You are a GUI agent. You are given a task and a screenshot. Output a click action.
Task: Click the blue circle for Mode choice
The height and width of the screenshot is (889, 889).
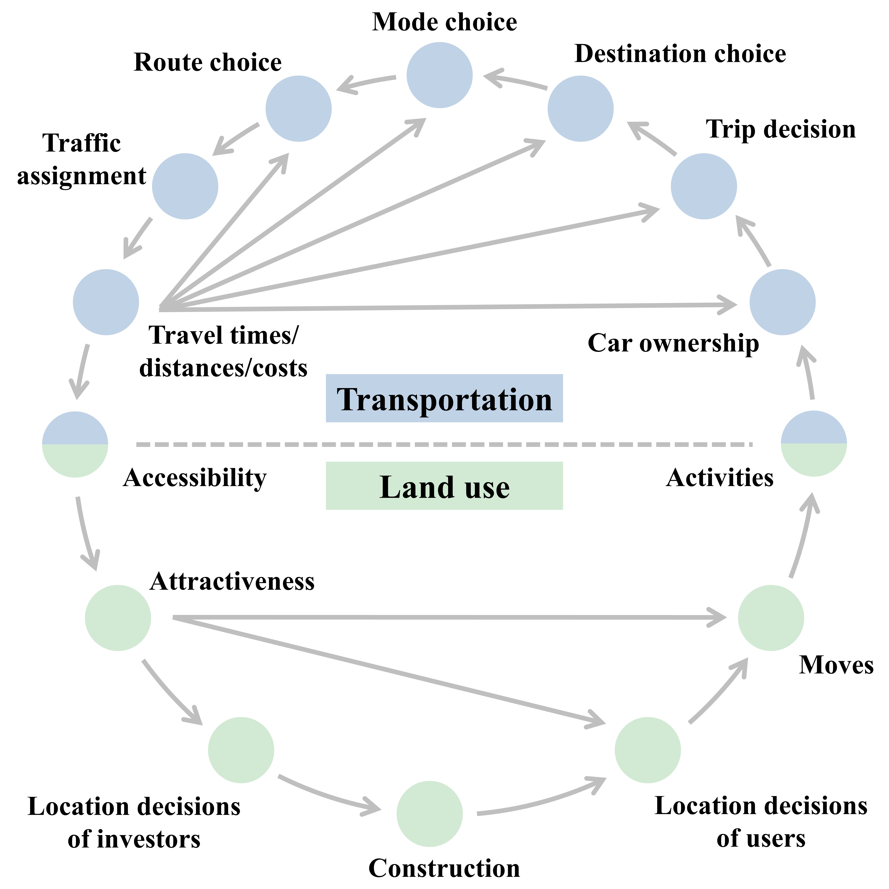click(x=439, y=75)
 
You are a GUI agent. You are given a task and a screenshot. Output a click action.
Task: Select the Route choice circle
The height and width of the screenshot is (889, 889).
click(x=298, y=109)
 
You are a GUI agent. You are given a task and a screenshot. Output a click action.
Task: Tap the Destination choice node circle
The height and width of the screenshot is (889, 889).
click(x=580, y=109)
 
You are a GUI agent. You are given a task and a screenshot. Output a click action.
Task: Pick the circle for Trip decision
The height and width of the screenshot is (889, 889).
click(x=704, y=186)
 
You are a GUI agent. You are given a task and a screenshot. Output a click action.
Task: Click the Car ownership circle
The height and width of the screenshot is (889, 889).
click(x=782, y=302)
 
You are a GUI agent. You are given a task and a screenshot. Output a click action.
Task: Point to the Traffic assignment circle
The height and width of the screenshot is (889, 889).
click(x=185, y=186)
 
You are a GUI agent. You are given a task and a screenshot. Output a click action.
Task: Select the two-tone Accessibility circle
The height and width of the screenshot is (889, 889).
click(x=75, y=444)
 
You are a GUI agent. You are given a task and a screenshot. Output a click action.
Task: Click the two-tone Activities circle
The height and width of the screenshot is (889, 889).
click(x=813, y=444)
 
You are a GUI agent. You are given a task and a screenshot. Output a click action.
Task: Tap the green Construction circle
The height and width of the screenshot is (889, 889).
click(x=429, y=813)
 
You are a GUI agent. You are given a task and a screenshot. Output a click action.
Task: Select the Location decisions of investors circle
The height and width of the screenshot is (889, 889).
click(x=241, y=750)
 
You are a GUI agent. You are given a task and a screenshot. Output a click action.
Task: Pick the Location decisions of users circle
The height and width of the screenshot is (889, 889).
click(x=647, y=750)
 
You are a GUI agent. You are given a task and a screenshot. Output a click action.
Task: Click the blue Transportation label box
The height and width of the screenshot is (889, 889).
click(x=444, y=398)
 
